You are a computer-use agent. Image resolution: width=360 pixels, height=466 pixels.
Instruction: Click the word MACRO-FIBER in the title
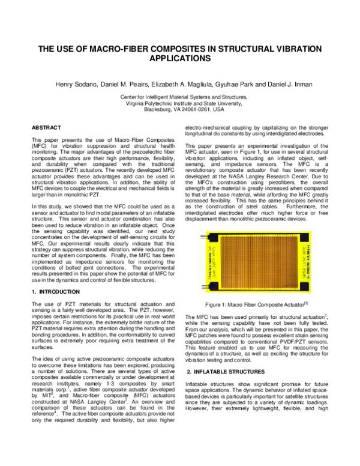click(x=132, y=50)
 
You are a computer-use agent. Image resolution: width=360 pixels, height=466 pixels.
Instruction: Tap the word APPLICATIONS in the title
click(x=180, y=59)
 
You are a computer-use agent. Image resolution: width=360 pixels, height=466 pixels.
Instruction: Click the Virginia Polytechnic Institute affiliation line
click(x=181, y=103)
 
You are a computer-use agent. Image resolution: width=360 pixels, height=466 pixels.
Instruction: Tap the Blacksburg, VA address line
click(x=181, y=110)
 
